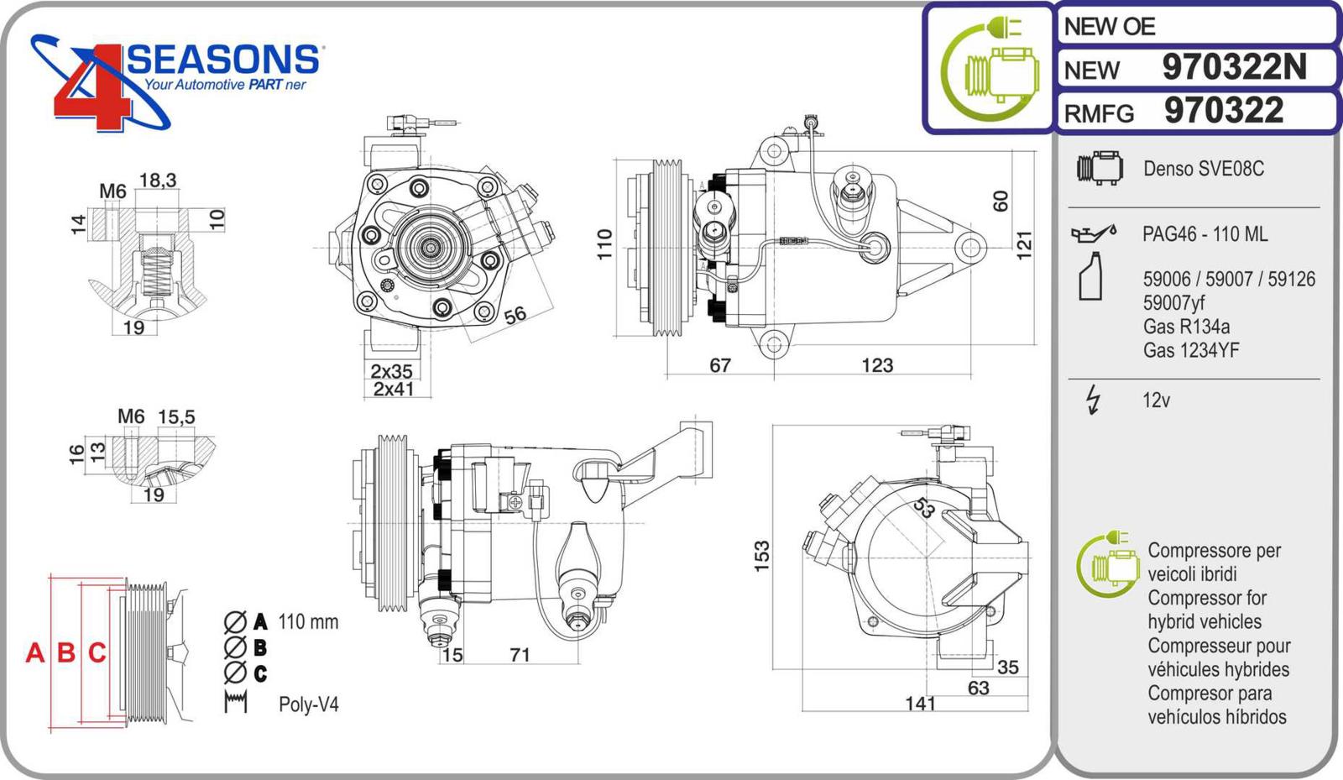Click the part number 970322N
click(1234, 67)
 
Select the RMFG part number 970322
click(1224, 111)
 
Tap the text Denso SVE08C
click(1203, 169)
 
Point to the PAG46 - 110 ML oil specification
click(1205, 234)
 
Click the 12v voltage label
click(1156, 400)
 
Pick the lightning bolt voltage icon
click(1093, 400)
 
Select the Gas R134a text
click(1185, 327)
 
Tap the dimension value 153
click(761, 556)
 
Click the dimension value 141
click(920, 704)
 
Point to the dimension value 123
click(877, 365)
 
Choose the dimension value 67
click(720, 365)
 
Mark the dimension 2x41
click(394, 390)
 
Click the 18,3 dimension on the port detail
click(158, 180)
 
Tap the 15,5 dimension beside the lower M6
click(176, 416)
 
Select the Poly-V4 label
click(308, 704)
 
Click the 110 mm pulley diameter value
click(308, 622)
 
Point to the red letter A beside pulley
click(34, 652)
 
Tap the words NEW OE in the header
click(1109, 27)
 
